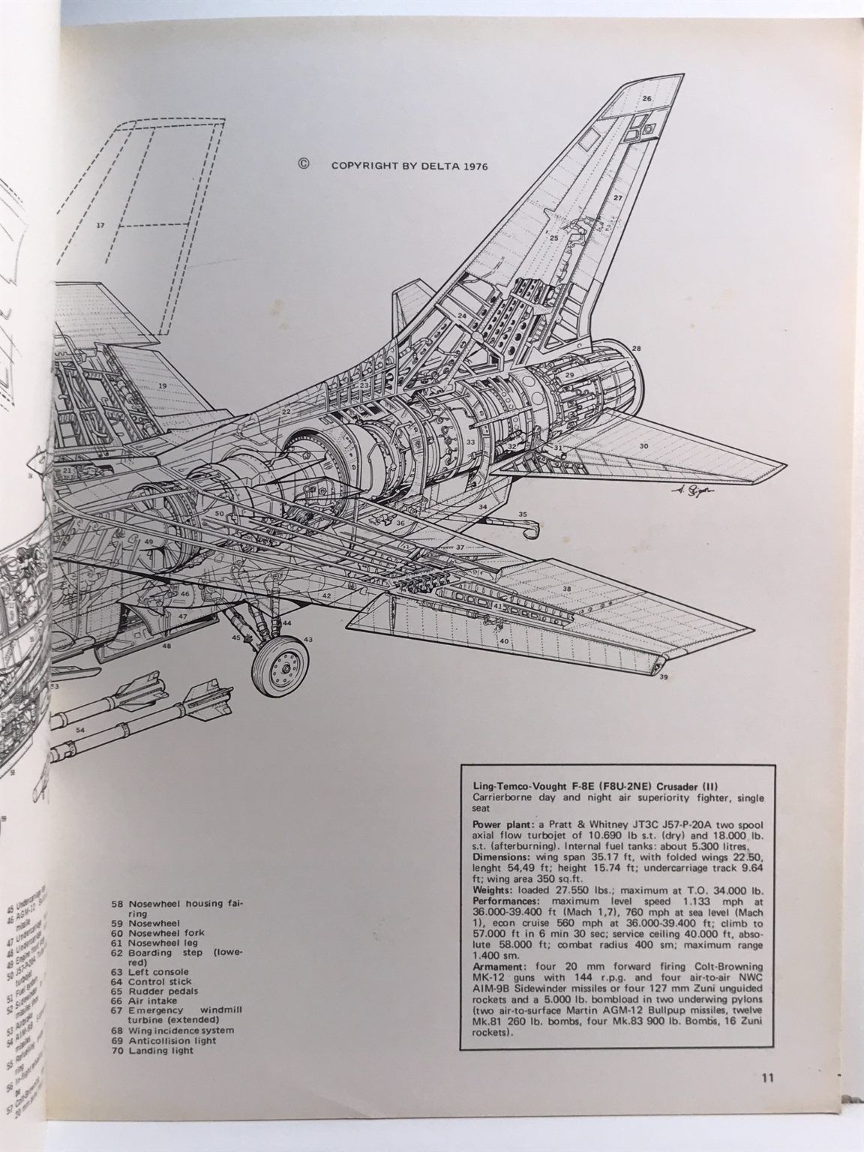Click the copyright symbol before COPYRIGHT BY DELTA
(304, 166)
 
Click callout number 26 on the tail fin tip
(646, 99)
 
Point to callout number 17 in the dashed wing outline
(100, 225)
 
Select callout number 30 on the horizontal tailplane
(643, 446)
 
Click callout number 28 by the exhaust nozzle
(636, 349)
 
